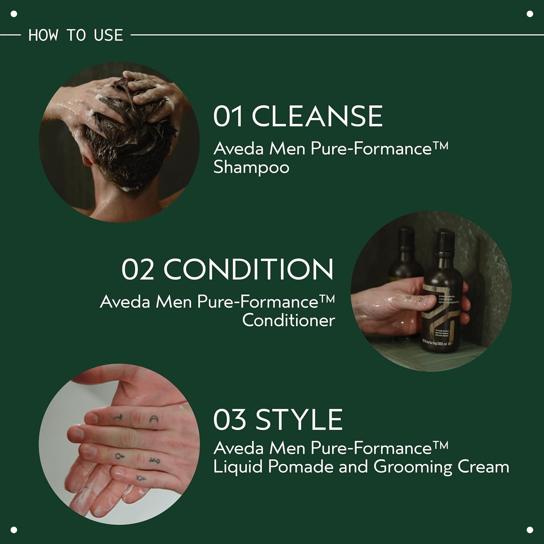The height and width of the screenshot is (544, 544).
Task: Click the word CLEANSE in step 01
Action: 317,116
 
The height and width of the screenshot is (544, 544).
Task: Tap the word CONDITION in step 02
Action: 248,269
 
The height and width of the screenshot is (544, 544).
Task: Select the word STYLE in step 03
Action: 299,420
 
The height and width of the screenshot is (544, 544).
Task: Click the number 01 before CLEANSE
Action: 228,116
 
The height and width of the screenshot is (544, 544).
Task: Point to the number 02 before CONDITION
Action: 137,269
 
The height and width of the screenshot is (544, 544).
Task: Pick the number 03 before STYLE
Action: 229,420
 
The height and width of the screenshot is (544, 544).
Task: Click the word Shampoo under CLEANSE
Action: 251,168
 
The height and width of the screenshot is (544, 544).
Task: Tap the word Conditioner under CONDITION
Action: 288,321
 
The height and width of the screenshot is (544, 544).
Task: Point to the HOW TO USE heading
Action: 76,35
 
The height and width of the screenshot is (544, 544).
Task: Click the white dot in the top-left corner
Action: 14,14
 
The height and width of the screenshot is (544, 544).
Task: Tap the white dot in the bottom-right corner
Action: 530,530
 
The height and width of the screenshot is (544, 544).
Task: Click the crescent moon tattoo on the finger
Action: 154,420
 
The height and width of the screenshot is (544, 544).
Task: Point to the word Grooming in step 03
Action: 413,467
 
